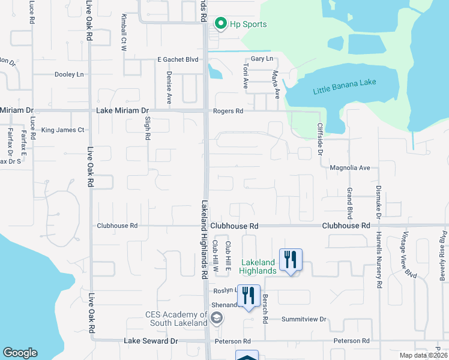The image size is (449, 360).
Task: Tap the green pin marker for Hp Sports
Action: (x=220, y=24)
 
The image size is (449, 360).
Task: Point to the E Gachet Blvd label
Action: (x=178, y=59)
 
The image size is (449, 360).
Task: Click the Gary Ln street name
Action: (x=262, y=59)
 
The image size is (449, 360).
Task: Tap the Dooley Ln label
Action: (x=69, y=74)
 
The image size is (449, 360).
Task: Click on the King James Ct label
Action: (x=62, y=130)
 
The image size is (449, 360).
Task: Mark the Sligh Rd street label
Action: (x=148, y=128)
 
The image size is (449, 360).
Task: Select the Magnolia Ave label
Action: (x=350, y=168)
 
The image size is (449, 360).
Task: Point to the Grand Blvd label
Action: (x=349, y=203)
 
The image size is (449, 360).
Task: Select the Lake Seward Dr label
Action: (x=151, y=341)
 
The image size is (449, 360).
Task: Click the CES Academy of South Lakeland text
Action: (x=176, y=319)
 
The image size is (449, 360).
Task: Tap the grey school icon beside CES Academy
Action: (x=217, y=317)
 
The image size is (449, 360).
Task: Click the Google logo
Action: (x=20, y=353)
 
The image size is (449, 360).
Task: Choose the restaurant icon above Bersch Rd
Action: (x=291, y=260)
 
